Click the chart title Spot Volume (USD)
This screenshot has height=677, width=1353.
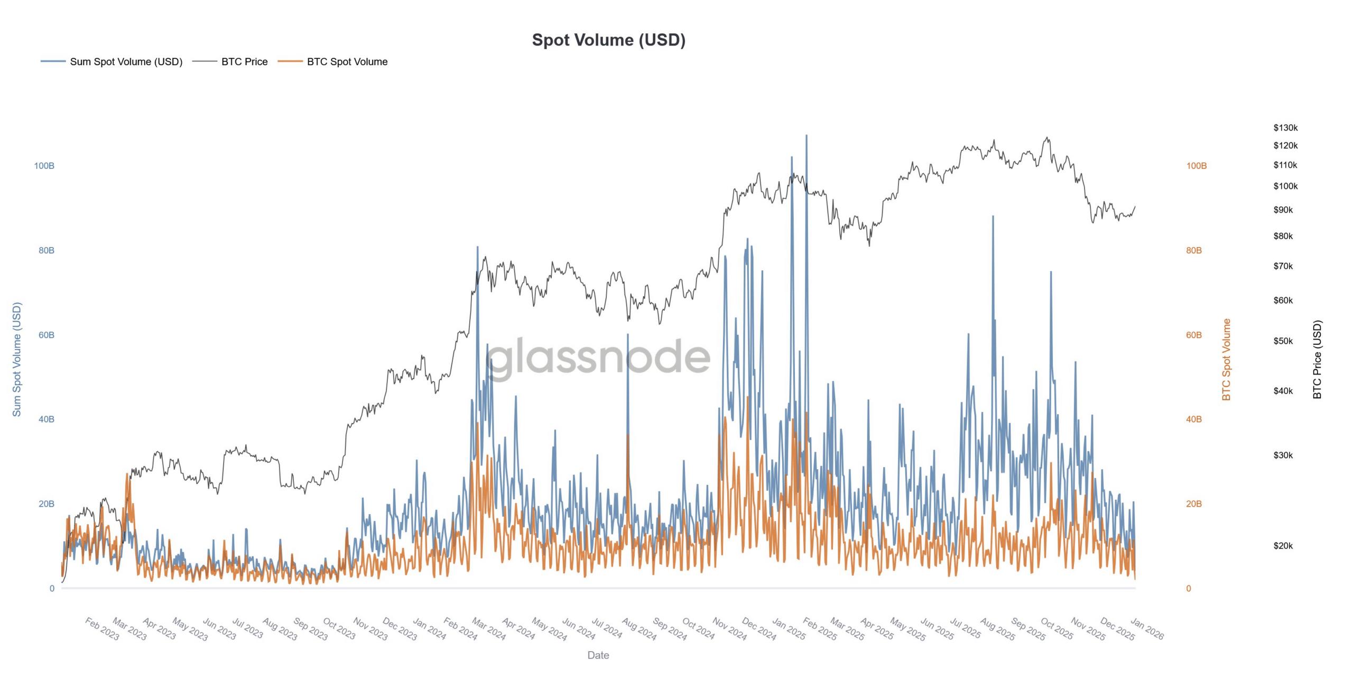(x=608, y=40)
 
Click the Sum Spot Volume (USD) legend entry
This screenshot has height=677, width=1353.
(x=126, y=62)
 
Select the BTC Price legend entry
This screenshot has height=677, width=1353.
(x=244, y=62)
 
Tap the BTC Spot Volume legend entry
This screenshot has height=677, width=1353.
(x=347, y=62)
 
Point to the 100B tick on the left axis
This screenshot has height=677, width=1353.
(x=44, y=166)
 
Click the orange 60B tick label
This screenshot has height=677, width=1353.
(x=1193, y=335)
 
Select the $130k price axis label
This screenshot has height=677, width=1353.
(x=1285, y=128)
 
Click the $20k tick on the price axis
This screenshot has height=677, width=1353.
(x=1283, y=546)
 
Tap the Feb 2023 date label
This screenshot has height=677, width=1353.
(x=102, y=629)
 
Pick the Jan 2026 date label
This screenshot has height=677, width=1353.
(x=1147, y=629)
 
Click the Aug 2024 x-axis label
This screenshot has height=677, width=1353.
(x=639, y=629)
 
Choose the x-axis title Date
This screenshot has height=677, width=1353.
(x=598, y=655)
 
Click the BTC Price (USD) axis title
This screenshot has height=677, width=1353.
(x=1317, y=360)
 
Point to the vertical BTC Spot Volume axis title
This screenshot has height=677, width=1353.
(x=1226, y=360)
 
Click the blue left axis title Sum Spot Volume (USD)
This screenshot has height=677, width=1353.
(x=17, y=360)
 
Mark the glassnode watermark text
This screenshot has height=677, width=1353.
(x=598, y=357)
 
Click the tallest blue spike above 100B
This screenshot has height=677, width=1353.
(x=806, y=136)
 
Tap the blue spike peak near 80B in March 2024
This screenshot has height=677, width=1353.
(x=477, y=248)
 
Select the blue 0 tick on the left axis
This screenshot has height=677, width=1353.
(x=52, y=589)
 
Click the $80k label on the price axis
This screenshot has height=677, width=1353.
(x=1283, y=236)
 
